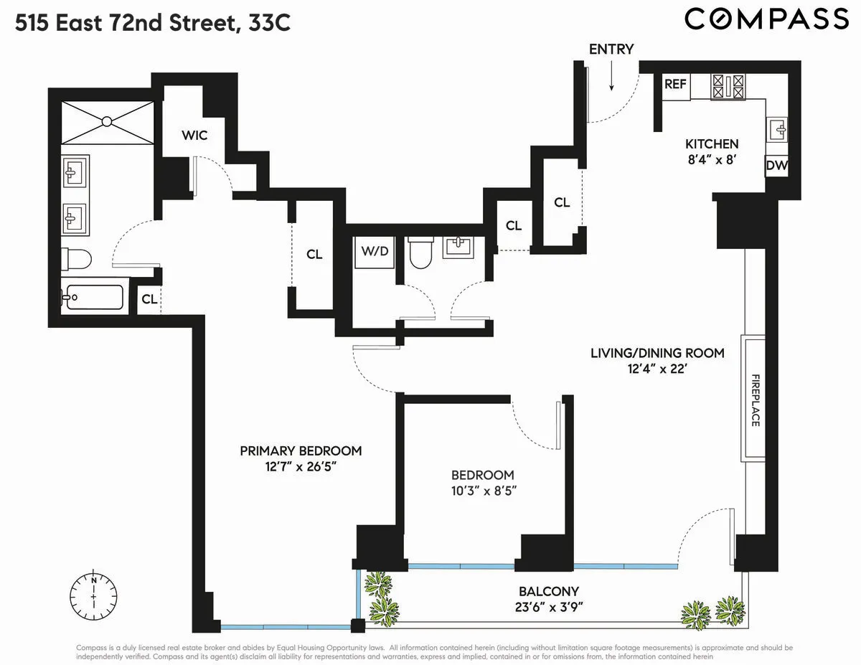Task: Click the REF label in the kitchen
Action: [x=675, y=84]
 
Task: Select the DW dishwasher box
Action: [x=776, y=166]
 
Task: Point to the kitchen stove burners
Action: [x=728, y=87]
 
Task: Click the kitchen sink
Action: [x=778, y=130]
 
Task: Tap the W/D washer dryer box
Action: [x=375, y=252]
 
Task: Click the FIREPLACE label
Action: [x=755, y=400]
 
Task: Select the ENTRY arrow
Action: [x=611, y=77]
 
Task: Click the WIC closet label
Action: [x=194, y=135]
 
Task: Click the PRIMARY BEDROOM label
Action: [x=301, y=451]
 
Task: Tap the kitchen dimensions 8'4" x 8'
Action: [x=711, y=160]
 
